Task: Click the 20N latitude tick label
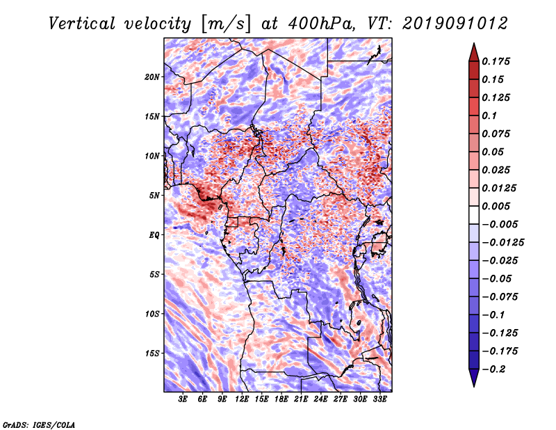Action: click(x=152, y=77)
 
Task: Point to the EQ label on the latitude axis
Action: click(x=154, y=235)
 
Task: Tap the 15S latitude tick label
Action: click(x=152, y=353)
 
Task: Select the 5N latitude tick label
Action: click(x=154, y=196)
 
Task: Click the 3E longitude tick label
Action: click(x=183, y=399)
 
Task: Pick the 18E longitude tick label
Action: click(x=281, y=399)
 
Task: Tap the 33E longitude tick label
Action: click(x=379, y=399)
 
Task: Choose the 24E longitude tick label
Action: click(x=320, y=399)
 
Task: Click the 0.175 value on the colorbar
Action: click(x=496, y=61)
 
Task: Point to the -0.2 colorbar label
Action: click(x=493, y=369)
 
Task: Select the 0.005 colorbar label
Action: click(x=496, y=206)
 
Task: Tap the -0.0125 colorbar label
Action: click(x=502, y=243)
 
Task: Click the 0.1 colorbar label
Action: click(x=489, y=116)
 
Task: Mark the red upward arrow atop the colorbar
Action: click(x=474, y=52)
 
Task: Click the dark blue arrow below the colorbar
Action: click(x=474, y=378)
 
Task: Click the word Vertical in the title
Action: click(x=82, y=24)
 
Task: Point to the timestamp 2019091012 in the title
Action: click(x=455, y=24)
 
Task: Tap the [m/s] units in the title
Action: click(x=226, y=24)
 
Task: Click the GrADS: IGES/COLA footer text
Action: click(x=39, y=425)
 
